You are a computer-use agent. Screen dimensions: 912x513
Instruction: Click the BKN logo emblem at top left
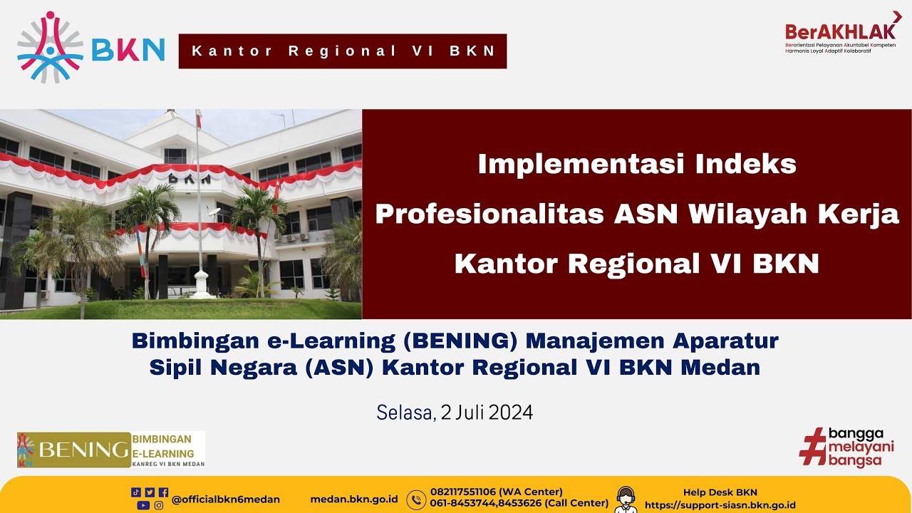tap(50, 47)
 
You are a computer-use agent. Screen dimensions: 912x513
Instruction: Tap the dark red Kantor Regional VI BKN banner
tap(343, 51)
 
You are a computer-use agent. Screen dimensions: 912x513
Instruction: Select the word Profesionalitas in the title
tap(489, 214)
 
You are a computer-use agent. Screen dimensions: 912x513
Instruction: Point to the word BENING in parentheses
tap(460, 341)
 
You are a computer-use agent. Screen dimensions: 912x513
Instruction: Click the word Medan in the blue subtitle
tap(720, 367)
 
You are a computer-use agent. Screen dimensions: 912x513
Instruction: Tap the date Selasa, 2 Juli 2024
tap(455, 413)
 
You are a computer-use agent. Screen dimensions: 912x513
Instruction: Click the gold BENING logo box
tap(73, 450)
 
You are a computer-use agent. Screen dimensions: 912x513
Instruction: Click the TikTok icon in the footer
tap(136, 492)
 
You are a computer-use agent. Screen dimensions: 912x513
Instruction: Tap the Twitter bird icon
tap(150, 492)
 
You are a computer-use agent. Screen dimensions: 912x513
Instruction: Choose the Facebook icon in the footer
tap(164, 492)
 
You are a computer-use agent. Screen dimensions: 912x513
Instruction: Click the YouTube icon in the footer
tap(143, 505)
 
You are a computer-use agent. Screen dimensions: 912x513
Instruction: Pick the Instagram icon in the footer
tap(159, 505)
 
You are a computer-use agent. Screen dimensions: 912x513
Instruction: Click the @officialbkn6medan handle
tap(226, 499)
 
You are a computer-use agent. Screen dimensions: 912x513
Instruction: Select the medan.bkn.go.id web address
tap(354, 499)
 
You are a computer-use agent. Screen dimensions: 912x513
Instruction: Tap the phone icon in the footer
tap(416, 499)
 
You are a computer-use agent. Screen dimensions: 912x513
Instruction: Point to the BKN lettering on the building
tap(190, 178)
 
